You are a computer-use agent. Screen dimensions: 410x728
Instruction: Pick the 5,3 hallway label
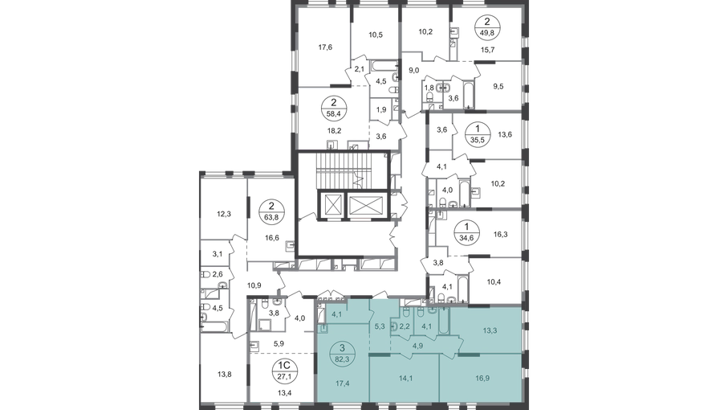tap(380, 327)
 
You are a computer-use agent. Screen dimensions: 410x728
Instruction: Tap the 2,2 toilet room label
tap(405, 327)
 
